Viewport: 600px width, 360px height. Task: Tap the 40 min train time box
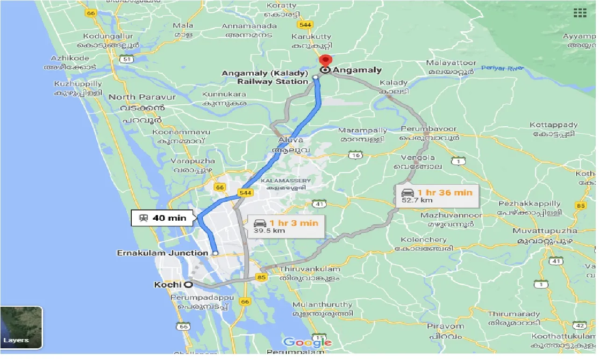click(162, 218)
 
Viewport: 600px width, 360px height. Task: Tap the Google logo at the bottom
click(307, 342)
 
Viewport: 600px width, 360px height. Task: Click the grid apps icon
click(580, 13)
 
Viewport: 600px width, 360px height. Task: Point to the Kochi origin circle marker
click(188, 284)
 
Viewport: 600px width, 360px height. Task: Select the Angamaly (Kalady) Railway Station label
click(264, 77)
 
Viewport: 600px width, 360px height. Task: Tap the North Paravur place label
click(142, 97)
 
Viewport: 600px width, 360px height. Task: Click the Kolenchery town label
click(423, 240)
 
